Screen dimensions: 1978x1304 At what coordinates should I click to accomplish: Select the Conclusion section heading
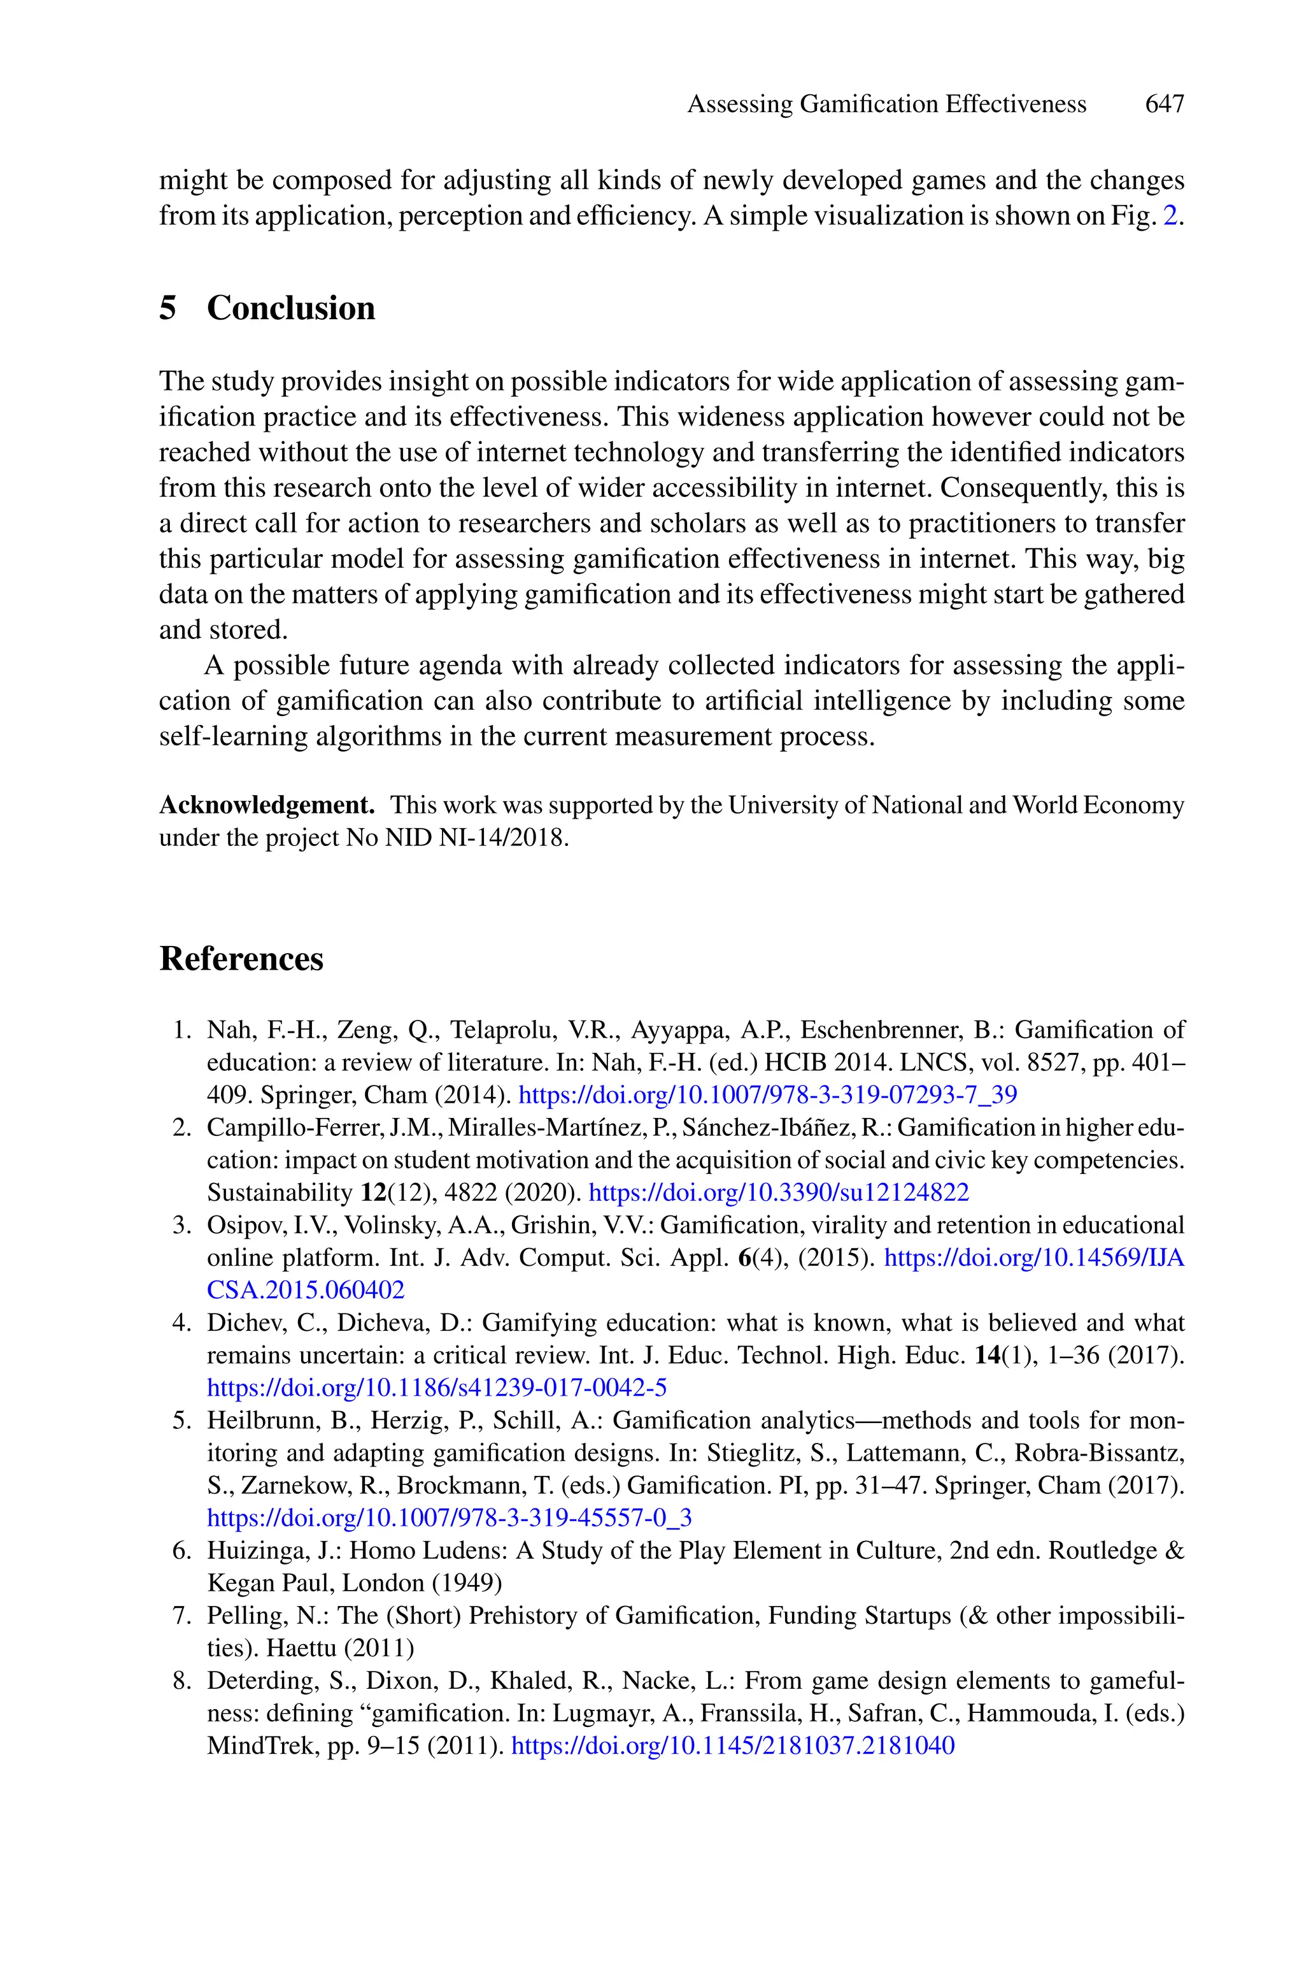coord(290,308)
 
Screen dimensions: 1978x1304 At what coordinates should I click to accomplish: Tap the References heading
coord(241,958)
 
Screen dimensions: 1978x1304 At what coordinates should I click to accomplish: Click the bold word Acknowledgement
coord(267,805)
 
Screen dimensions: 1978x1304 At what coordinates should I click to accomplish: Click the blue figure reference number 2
coord(1170,216)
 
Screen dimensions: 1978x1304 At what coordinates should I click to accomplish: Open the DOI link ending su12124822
coord(779,1193)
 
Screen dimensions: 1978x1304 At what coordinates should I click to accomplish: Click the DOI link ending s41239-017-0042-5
coord(437,1387)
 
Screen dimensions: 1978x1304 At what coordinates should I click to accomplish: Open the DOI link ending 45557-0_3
coord(449,1518)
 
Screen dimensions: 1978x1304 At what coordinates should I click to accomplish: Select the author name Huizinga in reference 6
coord(242,1551)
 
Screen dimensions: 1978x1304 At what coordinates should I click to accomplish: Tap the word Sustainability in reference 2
coord(280,1193)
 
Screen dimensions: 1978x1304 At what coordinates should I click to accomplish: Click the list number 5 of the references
coord(182,1421)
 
